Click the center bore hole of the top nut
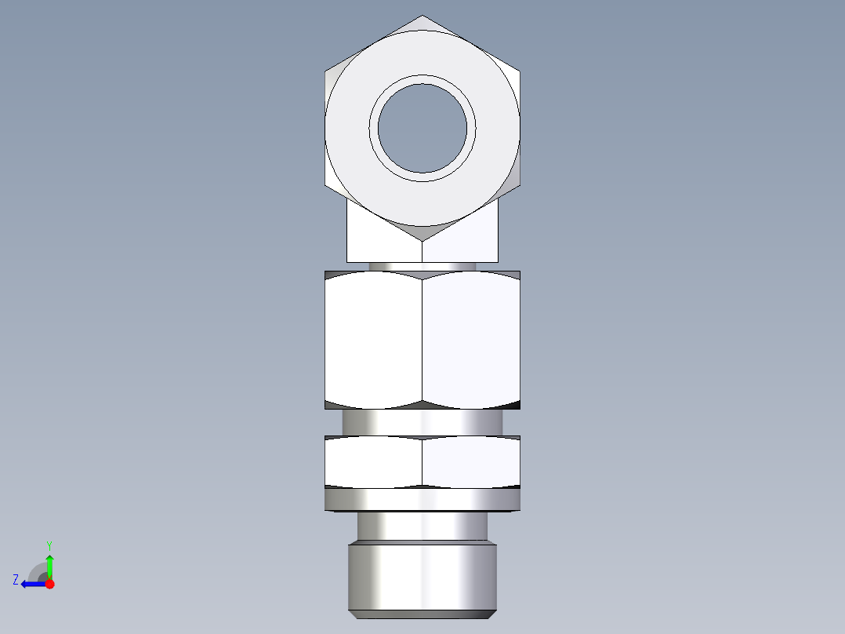(x=422, y=128)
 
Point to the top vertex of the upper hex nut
(x=422, y=16)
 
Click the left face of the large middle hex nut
(x=374, y=340)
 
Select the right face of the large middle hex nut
(x=470, y=340)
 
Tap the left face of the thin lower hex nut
(x=374, y=461)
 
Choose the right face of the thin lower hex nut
(x=470, y=461)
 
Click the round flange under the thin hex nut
(x=422, y=499)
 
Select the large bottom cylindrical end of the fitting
(x=422, y=578)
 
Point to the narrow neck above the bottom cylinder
(x=422, y=526)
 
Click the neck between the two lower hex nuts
(x=422, y=422)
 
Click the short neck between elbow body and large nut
(x=422, y=267)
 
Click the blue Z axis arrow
(x=31, y=584)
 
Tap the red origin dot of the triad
(x=49, y=584)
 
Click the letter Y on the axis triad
(x=49, y=545)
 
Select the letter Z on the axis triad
(x=16, y=580)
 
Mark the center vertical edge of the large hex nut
(x=422, y=340)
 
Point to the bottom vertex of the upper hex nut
(x=422, y=240)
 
